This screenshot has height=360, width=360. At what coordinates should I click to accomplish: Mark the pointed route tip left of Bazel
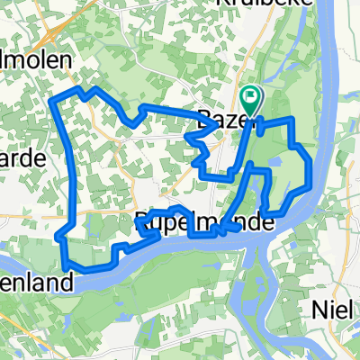(187, 138)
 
